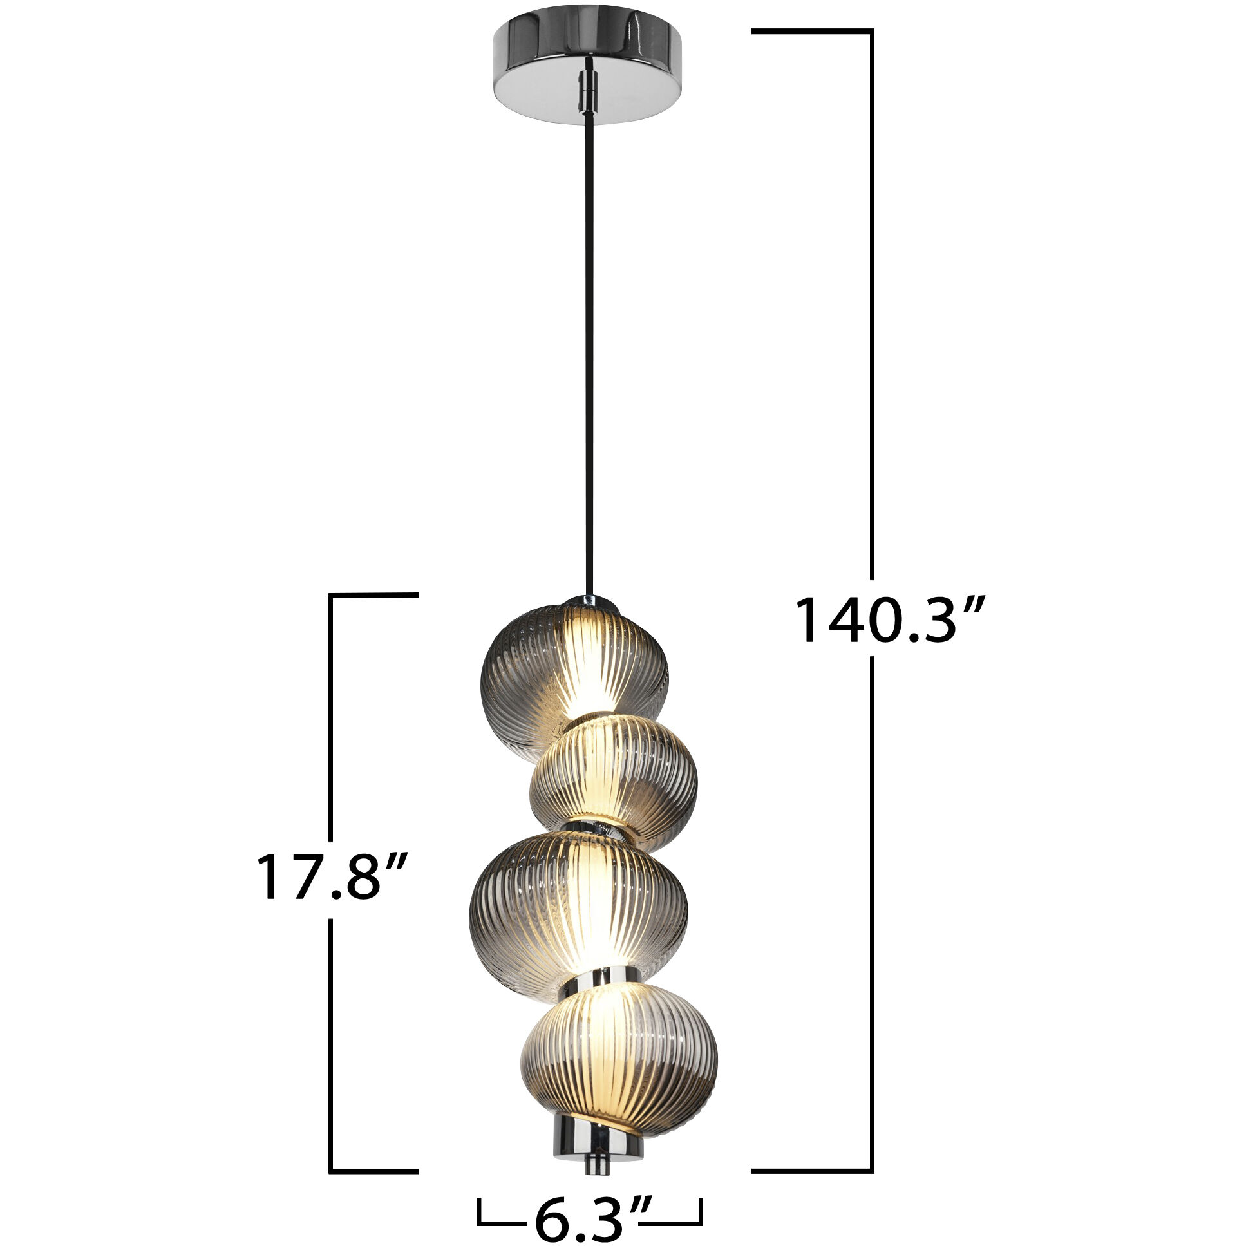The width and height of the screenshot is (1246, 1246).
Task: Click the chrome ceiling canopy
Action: coord(587,64)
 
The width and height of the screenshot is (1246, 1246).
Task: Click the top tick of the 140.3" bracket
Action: coord(813,30)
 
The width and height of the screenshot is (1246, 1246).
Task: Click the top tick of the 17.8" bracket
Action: coord(374,594)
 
